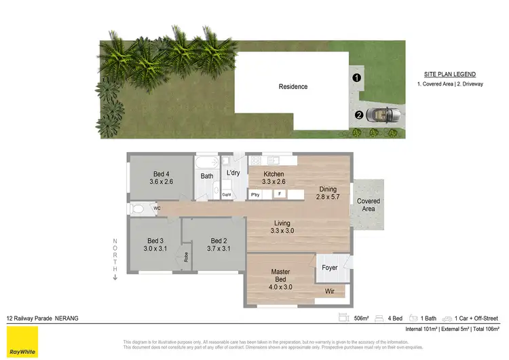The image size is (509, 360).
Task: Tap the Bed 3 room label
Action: (x=155, y=245)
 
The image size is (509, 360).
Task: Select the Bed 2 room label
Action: (x=218, y=245)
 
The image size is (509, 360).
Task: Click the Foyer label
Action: (x=330, y=268)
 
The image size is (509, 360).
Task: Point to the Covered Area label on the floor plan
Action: (x=369, y=205)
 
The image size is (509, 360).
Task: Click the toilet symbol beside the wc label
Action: (x=138, y=209)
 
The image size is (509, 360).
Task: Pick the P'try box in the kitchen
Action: (x=255, y=194)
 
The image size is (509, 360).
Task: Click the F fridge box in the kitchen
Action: (x=279, y=194)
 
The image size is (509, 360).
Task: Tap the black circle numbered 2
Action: (x=358, y=115)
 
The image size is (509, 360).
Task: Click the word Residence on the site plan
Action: (x=293, y=86)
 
